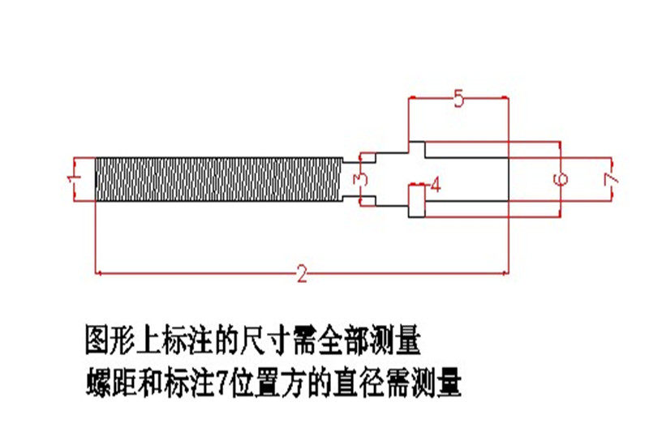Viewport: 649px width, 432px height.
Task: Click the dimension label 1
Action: [73, 179]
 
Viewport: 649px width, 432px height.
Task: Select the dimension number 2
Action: [303, 274]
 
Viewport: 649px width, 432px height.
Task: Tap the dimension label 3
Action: [360, 179]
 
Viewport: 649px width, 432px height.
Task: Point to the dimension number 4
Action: [436, 185]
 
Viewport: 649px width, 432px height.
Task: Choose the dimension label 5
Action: [458, 99]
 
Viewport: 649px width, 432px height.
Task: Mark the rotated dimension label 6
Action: [561, 179]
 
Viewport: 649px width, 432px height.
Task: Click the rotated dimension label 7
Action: [612, 179]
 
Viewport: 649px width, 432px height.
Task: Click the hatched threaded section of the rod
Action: [219, 179]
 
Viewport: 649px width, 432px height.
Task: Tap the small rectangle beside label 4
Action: [417, 201]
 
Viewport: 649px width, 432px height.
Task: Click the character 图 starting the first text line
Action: [97, 340]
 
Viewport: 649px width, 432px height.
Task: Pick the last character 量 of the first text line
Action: [408, 340]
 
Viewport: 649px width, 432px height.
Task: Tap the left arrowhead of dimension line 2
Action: [98, 273]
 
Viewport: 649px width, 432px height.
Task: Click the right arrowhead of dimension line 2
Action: [505, 273]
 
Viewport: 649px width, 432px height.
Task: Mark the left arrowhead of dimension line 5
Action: [412, 98]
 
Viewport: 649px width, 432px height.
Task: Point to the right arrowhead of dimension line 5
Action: [505, 98]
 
